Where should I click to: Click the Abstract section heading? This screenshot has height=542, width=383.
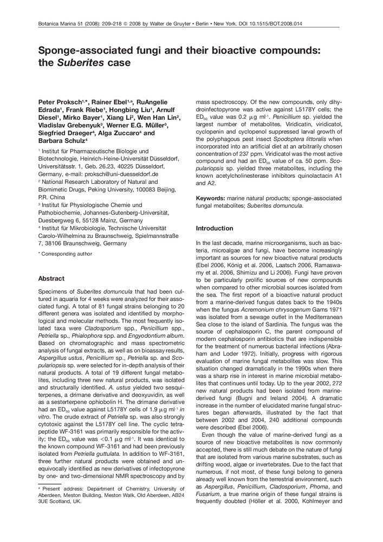[51, 279]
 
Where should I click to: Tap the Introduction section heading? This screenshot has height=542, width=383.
[215, 228]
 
